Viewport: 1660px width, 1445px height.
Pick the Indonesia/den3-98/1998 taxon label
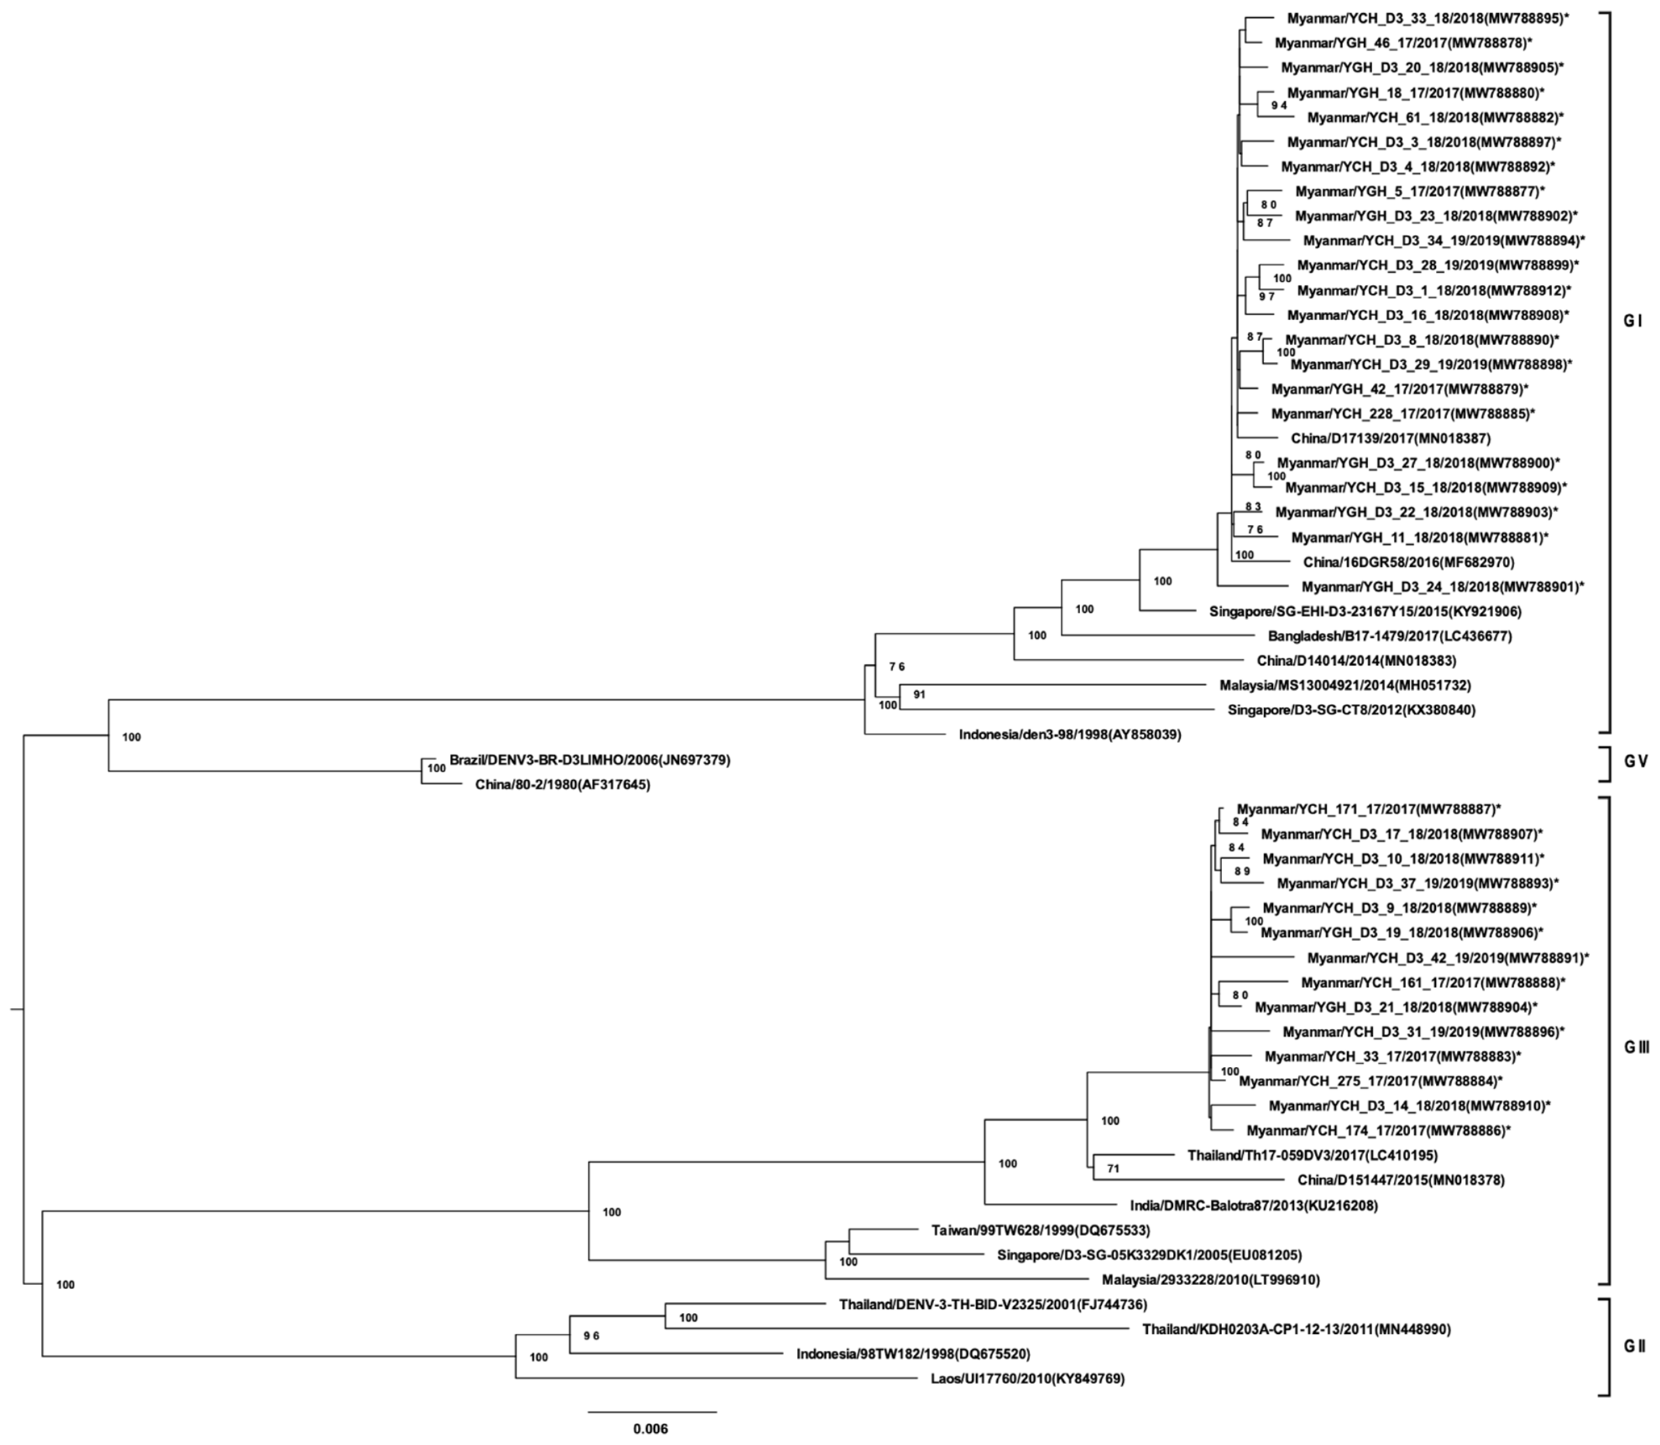[1069, 734]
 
